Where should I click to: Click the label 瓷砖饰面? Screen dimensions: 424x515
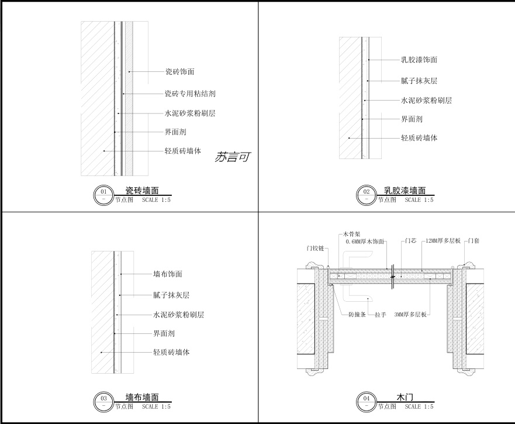point(179,72)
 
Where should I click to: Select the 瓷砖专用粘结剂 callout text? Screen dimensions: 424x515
point(191,94)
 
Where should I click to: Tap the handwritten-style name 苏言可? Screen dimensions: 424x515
point(232,157)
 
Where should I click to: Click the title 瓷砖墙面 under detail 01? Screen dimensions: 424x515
point(141,191)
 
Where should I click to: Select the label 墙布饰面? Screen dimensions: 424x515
point(168,274)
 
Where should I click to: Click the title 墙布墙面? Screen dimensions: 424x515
point(141,397)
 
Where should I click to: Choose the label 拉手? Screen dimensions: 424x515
point(381,315)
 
